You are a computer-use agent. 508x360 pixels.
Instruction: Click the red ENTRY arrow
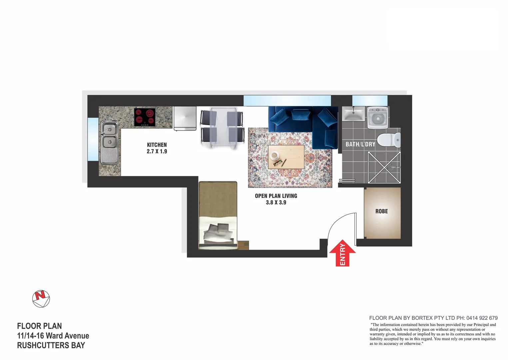342,253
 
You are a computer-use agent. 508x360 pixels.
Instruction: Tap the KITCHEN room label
157,145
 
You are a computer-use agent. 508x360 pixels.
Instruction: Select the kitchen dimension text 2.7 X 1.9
157,151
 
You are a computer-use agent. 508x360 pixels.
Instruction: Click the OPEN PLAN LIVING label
276,196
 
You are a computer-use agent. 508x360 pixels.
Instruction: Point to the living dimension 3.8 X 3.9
276,202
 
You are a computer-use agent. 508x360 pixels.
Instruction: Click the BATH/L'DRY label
360,144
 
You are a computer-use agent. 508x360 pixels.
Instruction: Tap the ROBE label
381,211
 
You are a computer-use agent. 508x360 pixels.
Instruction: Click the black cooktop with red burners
145,117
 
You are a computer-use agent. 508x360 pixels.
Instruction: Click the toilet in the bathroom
390,140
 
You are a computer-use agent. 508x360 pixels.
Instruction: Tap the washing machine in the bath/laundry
377,117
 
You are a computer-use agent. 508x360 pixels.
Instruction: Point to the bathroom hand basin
353,114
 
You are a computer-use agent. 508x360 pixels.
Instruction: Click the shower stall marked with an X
384,167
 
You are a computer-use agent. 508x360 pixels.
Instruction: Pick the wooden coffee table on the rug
286,157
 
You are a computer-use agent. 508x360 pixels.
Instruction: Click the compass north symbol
41,298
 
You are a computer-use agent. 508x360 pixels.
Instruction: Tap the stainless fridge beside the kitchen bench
185,118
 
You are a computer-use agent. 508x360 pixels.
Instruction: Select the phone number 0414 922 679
482,318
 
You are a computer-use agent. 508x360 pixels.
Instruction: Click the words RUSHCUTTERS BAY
51,345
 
